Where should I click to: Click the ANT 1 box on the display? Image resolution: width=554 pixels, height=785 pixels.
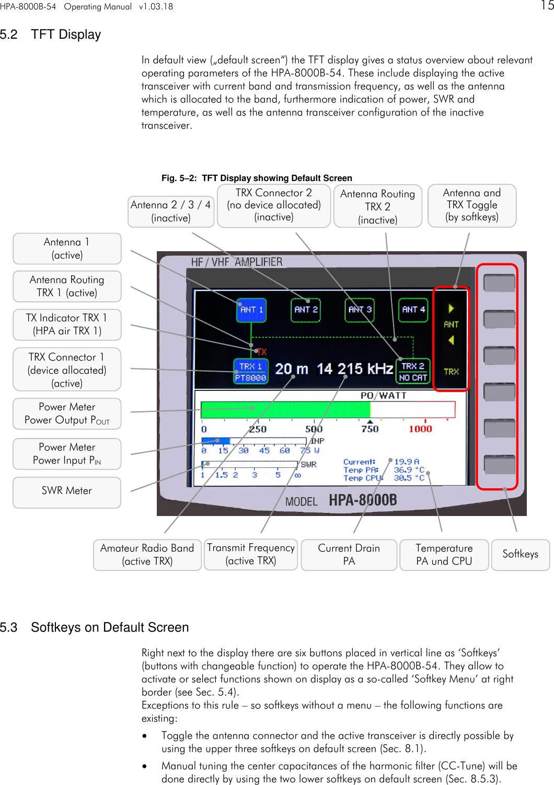tap(251, 310)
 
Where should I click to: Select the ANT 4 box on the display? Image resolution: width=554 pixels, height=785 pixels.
tap(413, 310)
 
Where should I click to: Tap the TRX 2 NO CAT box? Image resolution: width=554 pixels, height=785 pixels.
tap(413, 372)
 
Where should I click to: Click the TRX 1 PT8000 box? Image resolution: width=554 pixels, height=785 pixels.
tap(250, 372)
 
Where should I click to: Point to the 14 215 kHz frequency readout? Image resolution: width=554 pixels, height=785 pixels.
tap(354, 369)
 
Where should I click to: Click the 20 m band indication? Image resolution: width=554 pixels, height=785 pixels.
tap(291, 369)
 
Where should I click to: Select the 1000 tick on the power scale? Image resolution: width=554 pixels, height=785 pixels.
tap(420, 429)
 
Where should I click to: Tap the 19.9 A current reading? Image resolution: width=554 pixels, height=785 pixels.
tap(406, 462)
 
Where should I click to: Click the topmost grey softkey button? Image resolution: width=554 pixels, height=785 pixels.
tap(499, 283)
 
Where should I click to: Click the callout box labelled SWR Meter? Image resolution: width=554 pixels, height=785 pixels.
tap(67, 491)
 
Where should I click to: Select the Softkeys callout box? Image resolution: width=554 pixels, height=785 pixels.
tap(520, 554)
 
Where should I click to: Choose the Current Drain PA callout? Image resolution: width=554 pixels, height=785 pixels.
tap(349, 555)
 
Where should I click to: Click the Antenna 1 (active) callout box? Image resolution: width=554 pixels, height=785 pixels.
tap(67, 249)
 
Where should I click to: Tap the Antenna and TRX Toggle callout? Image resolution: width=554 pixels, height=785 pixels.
tap(471, 205)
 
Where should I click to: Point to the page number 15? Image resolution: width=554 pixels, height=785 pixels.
tap(547, 6)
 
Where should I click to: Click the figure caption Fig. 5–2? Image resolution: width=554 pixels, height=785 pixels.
tap(256, 178)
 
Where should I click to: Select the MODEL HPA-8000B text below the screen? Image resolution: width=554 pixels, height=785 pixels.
tap(341, 500)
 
